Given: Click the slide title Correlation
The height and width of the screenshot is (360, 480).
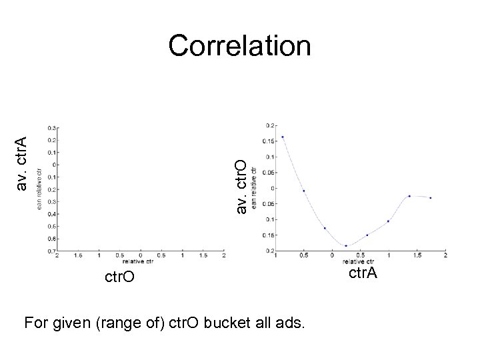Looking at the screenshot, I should click(239, 46).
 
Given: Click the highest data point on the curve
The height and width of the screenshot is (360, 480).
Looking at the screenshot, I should click(283, 137).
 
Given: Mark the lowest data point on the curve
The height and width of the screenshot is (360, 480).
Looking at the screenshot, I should click(346, 246).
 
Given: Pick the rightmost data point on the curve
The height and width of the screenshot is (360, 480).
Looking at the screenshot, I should click(431, 198).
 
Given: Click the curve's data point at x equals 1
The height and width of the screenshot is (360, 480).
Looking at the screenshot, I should click(388, 221).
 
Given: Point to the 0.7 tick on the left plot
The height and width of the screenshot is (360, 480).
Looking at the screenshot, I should click(51, 251).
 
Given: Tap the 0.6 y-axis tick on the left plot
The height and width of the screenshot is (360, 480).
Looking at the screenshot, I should click(51, 238).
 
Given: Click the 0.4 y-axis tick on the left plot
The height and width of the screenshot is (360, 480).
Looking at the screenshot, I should click(51, 214).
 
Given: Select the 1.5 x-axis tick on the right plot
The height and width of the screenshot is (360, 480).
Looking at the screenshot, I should click(417, 255).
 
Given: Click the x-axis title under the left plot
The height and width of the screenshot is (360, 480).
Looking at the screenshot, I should click(140, 261).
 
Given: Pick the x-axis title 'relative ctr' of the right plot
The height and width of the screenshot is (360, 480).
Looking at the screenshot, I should click(361, 261).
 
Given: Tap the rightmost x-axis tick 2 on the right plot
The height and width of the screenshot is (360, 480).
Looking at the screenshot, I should click(445, 255).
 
